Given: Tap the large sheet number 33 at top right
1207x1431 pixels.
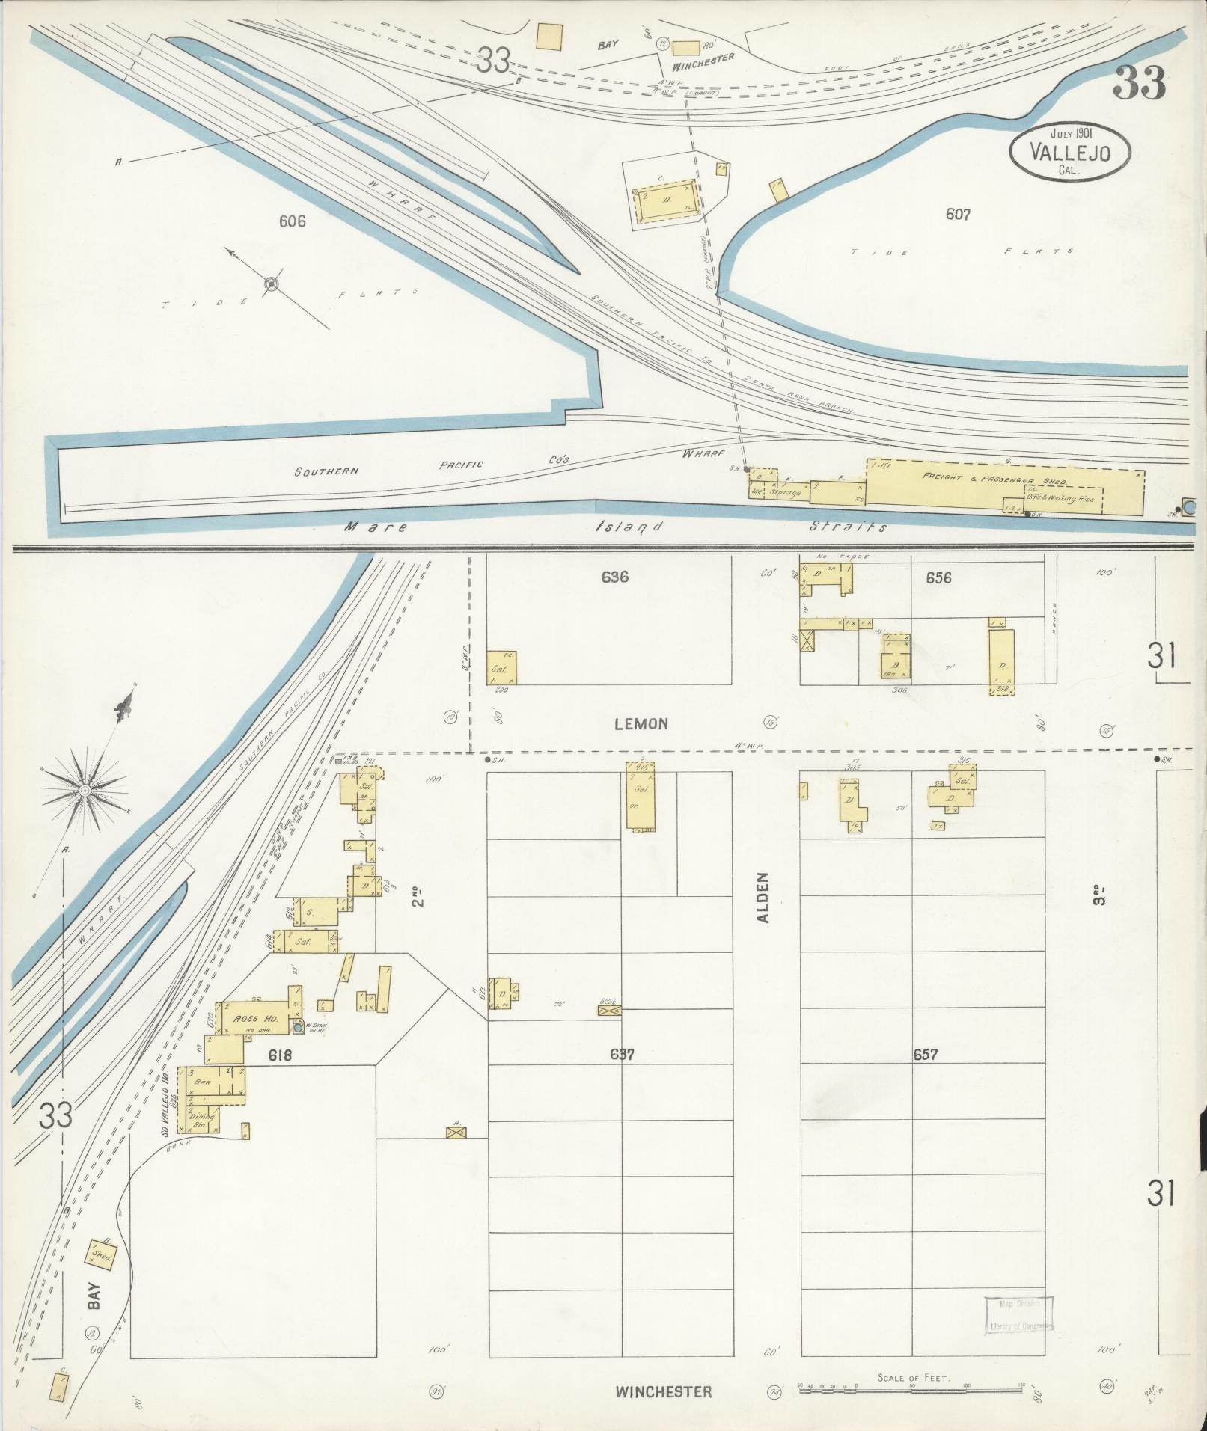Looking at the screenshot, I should click(x=1140, y=84).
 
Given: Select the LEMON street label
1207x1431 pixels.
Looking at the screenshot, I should click(x=641, y=723).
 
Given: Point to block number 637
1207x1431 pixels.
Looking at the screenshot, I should click(x=622, y=1055).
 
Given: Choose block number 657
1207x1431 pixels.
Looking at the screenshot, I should click(x=925, y=1055).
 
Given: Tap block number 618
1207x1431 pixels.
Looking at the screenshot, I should click(x=279, y=1055).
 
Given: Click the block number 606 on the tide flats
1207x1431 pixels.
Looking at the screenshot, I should click(x=292, y=221).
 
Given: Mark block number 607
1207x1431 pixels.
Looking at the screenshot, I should click(x=958, y=215).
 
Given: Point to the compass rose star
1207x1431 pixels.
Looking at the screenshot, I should click(x=84, y=791).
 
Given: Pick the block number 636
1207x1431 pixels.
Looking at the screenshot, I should click(x=614, y=577).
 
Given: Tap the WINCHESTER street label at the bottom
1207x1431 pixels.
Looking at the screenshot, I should click(x=663, y=1391).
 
